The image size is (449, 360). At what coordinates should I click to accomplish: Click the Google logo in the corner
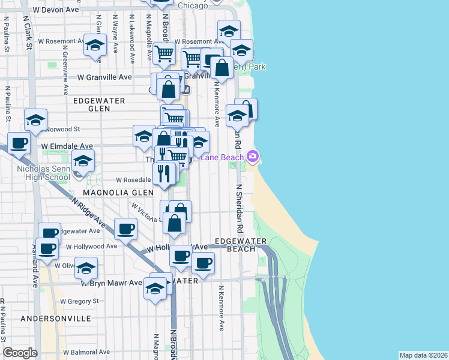coord(20,353)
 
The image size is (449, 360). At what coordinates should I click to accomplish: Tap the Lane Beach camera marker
coord(253,157)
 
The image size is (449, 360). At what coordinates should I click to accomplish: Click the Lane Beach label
coord(222,157)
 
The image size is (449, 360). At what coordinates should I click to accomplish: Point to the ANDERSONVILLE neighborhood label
coord(56,319)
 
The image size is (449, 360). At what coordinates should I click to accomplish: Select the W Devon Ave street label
coord(56,10)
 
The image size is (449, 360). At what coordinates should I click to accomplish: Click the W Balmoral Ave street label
coord(86,352)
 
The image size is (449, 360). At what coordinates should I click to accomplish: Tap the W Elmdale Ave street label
coord(67,146)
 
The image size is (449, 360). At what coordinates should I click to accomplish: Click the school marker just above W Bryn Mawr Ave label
coord(86,268)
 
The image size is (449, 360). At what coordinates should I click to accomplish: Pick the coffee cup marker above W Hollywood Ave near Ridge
coord(126,229)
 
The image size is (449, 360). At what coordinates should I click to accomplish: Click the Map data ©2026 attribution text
coord(424,355)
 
